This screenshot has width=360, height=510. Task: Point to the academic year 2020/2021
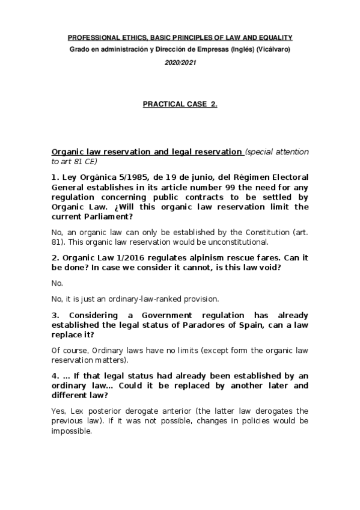tap(180, 62)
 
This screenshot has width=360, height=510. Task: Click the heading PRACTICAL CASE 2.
tap(180, 104)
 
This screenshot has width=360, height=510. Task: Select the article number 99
tap(236, 187)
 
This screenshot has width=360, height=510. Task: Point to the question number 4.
tap(55, 375)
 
